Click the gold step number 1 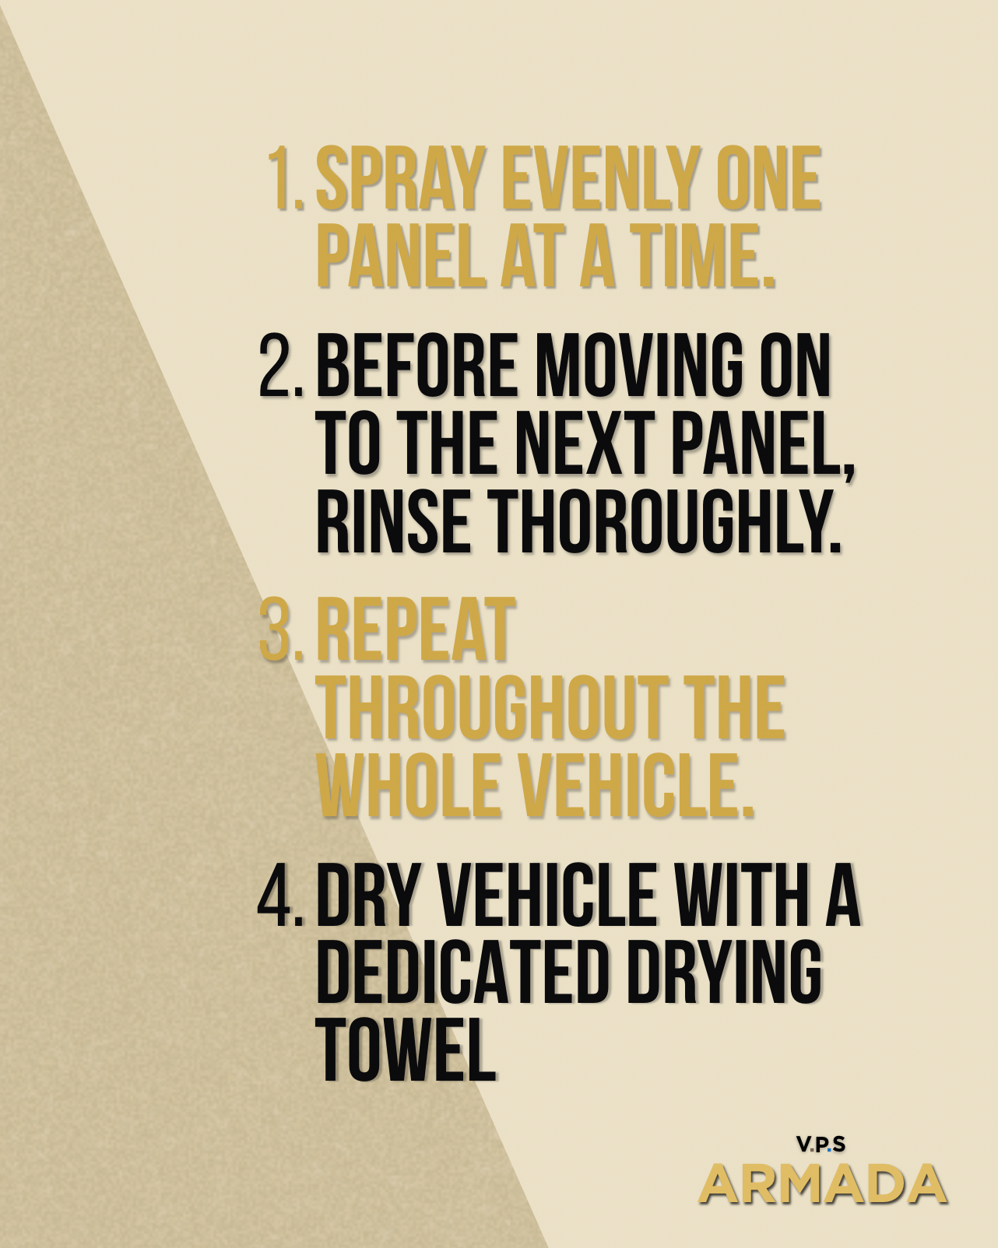pos(286,178)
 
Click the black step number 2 pos(281,366)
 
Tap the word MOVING pos(639,366)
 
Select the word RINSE pos(393,521)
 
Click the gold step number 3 pos(281,629)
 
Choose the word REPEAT pos(416,629)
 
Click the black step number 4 pos(281,895)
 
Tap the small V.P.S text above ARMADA pos(821,1145)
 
